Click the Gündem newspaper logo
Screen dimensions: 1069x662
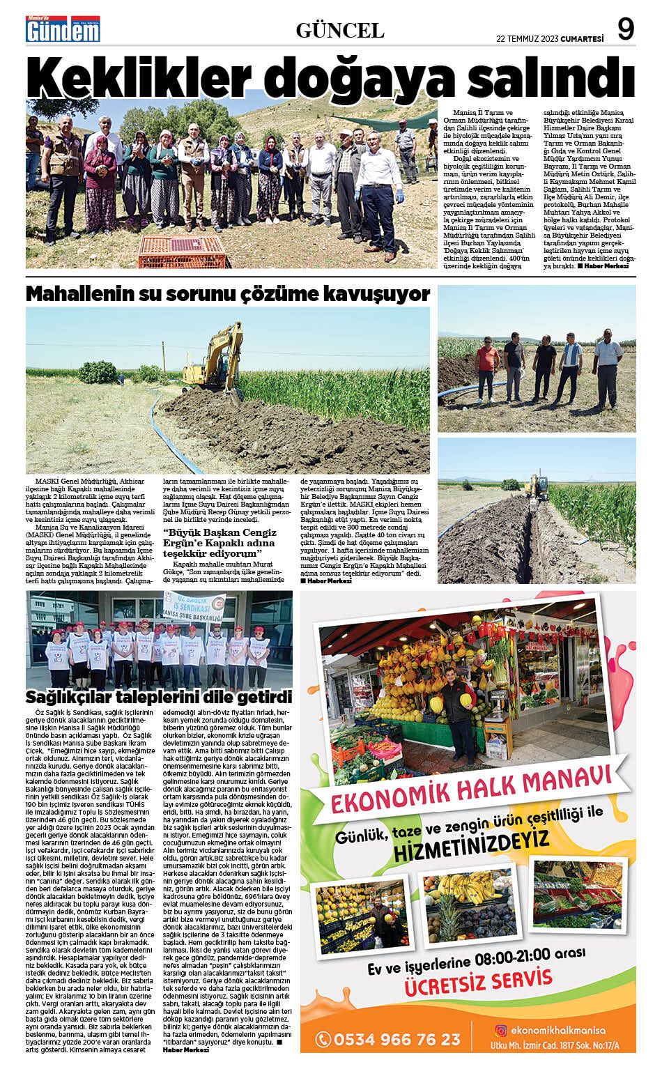63,29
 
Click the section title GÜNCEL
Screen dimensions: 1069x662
340,30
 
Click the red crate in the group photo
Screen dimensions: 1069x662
182,252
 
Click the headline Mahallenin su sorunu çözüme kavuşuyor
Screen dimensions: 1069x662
228,294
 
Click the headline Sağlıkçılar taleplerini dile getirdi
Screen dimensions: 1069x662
159,697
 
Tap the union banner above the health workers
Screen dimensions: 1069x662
192,608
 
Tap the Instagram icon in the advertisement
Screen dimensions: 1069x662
500,1030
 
